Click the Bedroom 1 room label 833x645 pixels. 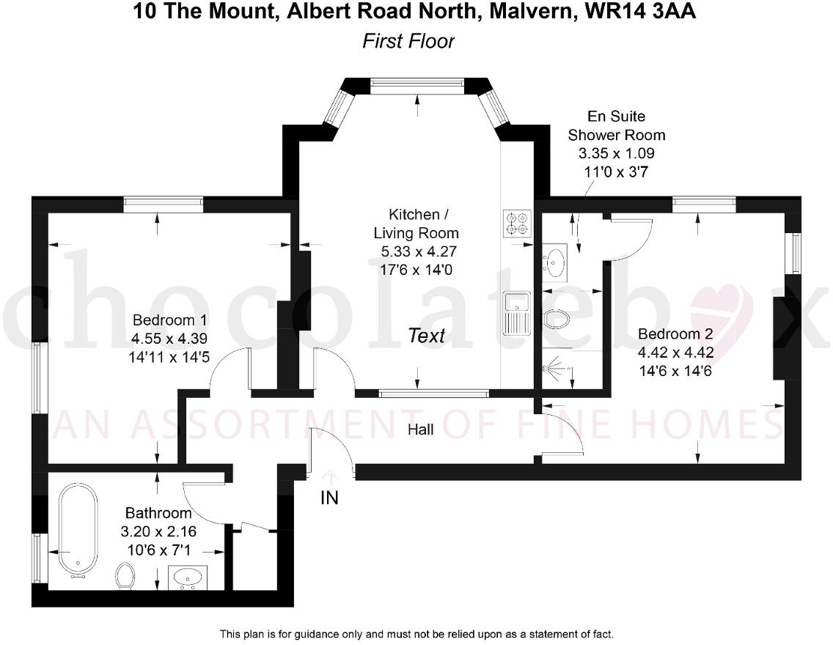[x=169, y=320]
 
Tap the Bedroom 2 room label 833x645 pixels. [x=675, y=334]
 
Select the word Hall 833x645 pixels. [x=420, y=430]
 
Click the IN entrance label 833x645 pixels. [x=330, y=498]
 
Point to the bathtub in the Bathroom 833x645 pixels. [x=77, y=530]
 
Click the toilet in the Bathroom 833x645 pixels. [x=126, y=576]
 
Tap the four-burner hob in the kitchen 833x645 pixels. [x=517, y=223]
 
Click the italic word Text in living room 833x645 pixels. [x=427, y=336]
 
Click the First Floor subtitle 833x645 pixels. [x=408, y=41]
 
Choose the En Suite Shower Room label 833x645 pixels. [x=617, y=125]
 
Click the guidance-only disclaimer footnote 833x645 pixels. [x=416, y=633]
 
